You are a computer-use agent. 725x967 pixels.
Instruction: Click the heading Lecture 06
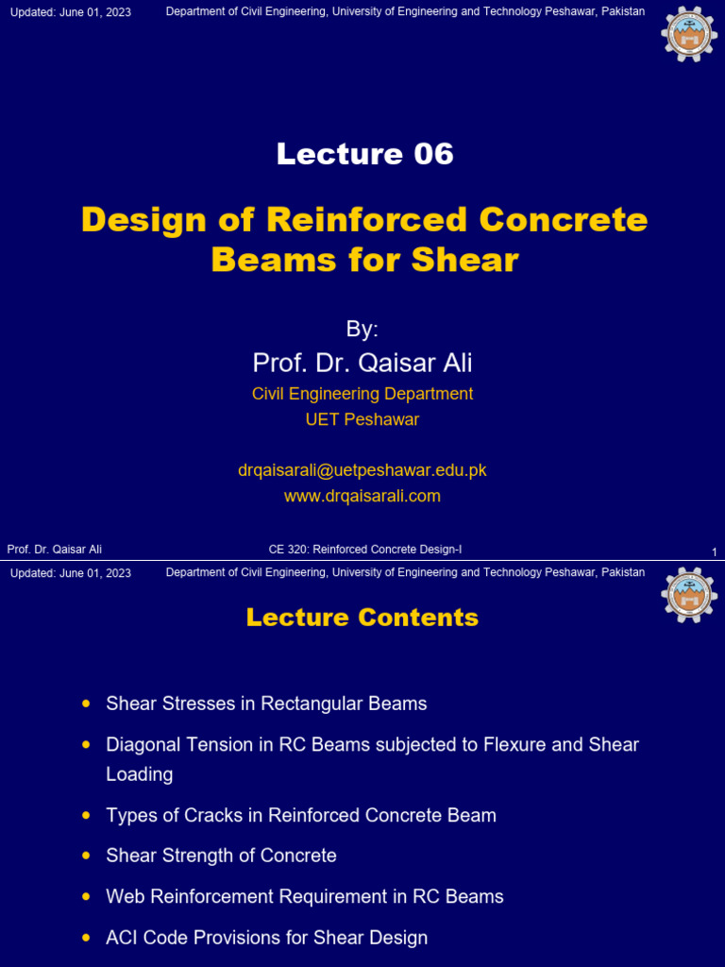[x=364, y=154]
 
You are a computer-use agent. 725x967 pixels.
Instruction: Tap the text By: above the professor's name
[x=362, y=330]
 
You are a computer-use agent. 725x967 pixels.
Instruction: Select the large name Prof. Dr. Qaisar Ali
[x=362, y=363]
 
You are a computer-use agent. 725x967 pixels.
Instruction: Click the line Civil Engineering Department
[x=362, y=394]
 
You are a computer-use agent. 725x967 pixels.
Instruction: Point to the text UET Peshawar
[x=362, y=420]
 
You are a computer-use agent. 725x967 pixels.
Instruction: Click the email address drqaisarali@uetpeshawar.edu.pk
[x=362, y=470]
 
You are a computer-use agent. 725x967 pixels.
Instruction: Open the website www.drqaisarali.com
[x=362, y=496]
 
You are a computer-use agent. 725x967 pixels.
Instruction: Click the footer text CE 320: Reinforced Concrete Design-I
[x=364, y=550]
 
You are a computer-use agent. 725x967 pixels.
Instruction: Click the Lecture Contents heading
[x=362, y=618]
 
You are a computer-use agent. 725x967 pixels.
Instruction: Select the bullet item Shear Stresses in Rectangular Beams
[x=266, y=704]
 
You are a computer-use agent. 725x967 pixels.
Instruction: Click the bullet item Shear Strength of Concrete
[x=221, y=856]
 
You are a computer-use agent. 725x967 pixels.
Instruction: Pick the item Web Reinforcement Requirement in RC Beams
[x=305, y=896]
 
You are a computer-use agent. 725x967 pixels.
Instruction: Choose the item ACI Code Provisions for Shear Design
[x=266, y=938]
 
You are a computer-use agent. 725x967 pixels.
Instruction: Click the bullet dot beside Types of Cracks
[x=87, y=814]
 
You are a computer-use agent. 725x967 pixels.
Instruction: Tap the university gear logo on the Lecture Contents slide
[x=689, y=595]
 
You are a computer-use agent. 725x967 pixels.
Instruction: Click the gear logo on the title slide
[x=689, y=33]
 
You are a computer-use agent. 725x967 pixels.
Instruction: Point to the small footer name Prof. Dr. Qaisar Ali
[x=55, y=550]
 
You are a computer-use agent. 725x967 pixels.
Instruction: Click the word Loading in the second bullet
[x=140, y=774]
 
